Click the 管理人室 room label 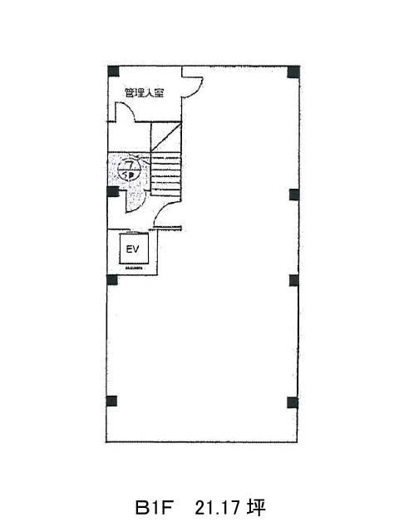[x=143, y=93]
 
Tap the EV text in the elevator [x=131, y=249]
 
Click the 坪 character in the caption [x=254, y=506]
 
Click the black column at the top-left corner [x=113, y=71]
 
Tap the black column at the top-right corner [x=293, y=71]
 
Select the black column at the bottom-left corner [x=112, y=402]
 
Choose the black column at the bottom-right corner [x=293, y=402]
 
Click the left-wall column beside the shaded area [x=112, y=192]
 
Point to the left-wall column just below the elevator [x=112, y=278]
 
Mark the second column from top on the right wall [x=293, y=195]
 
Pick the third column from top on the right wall [x=293, y=279]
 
